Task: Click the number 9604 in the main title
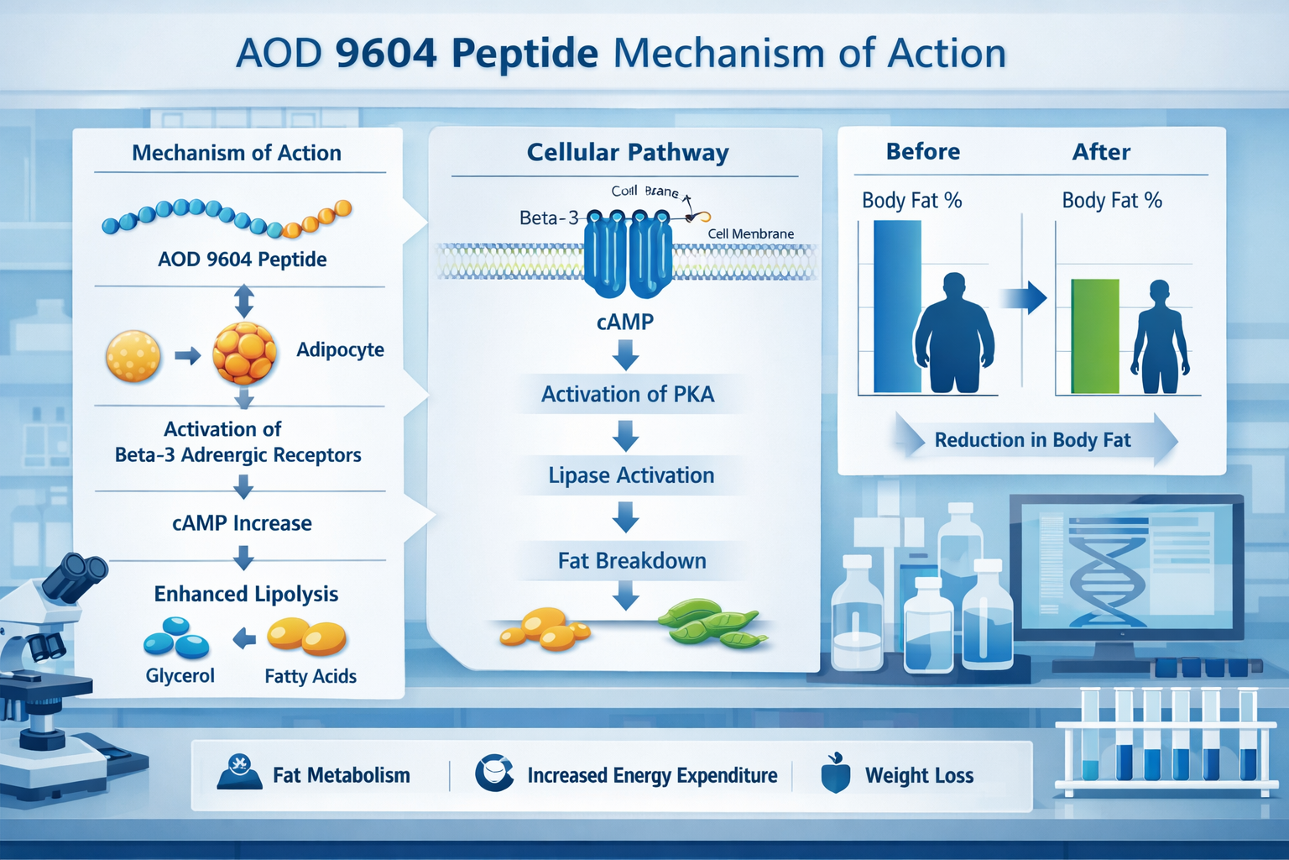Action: (385, 54)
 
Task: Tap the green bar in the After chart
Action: (1094, 336)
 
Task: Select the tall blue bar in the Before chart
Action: (897, 307)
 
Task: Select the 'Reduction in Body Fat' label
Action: (1032, 440)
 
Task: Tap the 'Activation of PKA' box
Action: (628, 394)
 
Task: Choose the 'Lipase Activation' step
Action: (631, 475)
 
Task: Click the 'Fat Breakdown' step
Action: (632, 561)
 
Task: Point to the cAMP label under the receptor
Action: (625, 322)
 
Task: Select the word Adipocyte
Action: (340, 349)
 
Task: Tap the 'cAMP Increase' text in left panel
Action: (242, 523)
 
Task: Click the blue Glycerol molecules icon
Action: (176, 637)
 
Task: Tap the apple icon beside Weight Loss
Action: (836, 773)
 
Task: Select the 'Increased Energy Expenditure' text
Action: (652, 775)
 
